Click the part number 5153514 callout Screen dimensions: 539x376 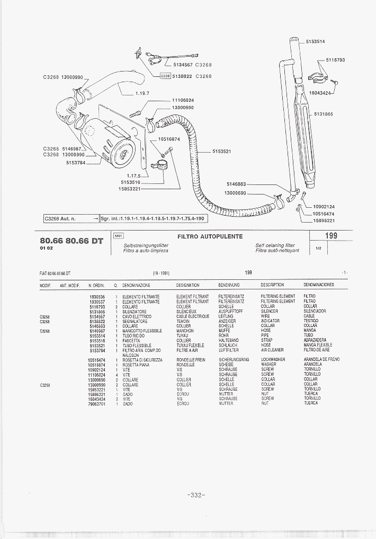316,41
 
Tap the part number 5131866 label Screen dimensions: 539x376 323,114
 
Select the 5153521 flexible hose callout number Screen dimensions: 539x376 222,151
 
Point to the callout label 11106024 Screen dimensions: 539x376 183,100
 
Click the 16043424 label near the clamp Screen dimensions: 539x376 320,93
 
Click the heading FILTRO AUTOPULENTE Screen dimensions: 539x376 210,236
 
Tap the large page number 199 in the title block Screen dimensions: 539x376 332,236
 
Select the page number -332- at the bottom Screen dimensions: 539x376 196,495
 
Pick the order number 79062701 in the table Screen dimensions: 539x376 97,404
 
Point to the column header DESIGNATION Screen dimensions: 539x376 187,285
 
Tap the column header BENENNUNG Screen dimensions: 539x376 229,285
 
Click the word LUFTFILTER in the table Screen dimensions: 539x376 229,350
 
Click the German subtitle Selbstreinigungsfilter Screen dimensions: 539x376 146,245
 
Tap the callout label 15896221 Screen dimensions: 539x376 324,220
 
